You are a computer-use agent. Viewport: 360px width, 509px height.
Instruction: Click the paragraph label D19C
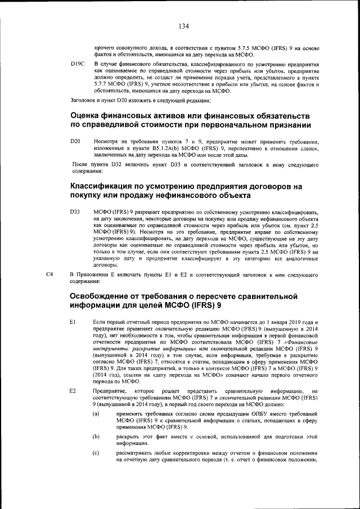pos(77,65)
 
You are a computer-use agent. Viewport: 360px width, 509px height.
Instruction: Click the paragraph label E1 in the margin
pos(73,321)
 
